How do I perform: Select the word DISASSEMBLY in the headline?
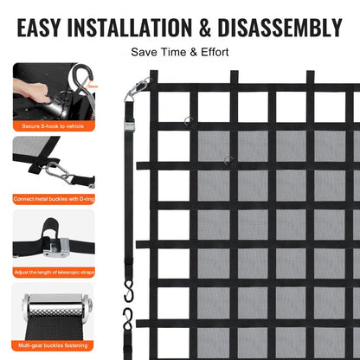point(285,23)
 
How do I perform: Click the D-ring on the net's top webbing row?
point(190,120)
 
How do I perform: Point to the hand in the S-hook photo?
point(30,87)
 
